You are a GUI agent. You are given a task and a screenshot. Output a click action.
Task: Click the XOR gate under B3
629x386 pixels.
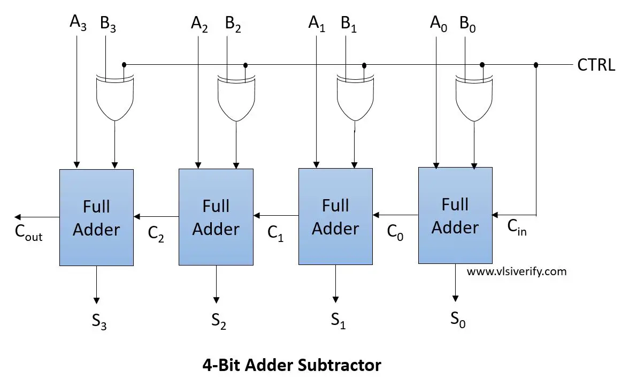(x=114, y=99)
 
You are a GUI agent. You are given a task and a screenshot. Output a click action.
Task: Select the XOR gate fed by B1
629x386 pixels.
(x=355, y=99)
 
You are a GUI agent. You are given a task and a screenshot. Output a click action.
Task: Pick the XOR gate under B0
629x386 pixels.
(x=473, y=99)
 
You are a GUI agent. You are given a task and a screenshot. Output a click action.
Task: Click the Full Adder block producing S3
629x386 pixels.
(x=96, y=217)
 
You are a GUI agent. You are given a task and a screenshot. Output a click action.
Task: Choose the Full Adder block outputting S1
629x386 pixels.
(x=335, y=217)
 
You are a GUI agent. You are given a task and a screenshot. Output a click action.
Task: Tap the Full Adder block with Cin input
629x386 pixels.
(x=455, y=216)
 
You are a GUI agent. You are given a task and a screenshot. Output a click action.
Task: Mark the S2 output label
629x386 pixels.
(x=218, y=320)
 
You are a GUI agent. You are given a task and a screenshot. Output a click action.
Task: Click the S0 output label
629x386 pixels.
(x=458, y=320)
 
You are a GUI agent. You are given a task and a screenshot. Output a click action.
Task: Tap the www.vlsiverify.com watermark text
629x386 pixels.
(x=516, y=271)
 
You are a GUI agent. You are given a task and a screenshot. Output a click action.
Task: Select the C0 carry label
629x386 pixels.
(x=395, y=233)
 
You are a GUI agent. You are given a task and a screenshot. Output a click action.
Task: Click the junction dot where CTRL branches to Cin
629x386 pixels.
(x=535, y=65)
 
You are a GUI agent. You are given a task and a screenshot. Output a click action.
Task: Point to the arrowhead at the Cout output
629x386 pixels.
(x=18, y=217)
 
